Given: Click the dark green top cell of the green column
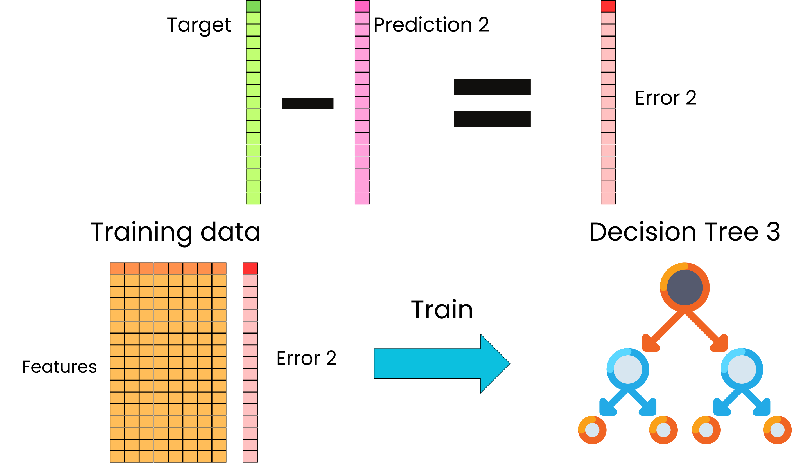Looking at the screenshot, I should click(253, 6).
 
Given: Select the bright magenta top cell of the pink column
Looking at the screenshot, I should click(362, 6).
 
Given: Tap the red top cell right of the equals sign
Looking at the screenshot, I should click(608, 6).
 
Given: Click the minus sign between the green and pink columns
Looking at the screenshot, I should click(308, 104).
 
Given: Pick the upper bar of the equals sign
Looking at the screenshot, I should click(492, 87).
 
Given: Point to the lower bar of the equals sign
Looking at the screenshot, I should click(492, 119).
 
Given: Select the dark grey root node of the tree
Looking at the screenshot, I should click(685, 287).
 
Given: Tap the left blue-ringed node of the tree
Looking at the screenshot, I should click(628, 369).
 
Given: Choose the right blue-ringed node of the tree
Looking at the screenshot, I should click(742, 369).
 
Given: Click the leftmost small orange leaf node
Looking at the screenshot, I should click(592, 430).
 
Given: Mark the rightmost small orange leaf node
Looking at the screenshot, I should click(777, 430).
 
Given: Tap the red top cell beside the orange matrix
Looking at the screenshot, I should click(250, 268).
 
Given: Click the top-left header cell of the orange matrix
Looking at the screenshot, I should click(117, 268).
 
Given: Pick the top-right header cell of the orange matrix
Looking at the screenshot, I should click(219, 268).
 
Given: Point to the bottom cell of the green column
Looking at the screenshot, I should click(253, 199).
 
